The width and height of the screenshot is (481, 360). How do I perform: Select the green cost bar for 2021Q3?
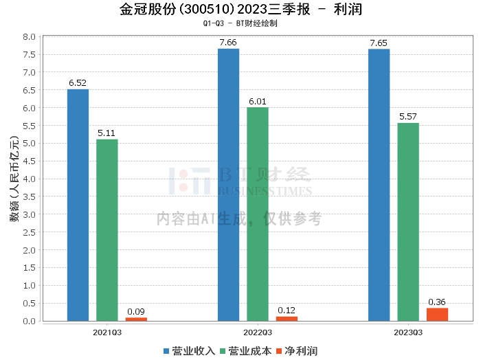pyautogui.click(x=107, y=230)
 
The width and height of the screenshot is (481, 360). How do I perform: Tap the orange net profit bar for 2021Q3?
pyautogui.click(x=136, y=319)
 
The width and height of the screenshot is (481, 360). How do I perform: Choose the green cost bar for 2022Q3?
pyautogui.click(x=258, y=214)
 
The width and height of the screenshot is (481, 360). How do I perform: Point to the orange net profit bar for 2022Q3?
pyautogui.click(x=287, y=318)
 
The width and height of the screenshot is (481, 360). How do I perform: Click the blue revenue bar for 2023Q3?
pyautogui.click(x=379, y=185)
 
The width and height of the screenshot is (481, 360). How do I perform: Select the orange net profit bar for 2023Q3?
pyautogui.click(x=437, y=314)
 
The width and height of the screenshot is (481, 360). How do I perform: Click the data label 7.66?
pyautogui.click(x=228, y=43)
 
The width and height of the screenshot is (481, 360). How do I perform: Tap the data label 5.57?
pyautogui.click(x=408, y=117)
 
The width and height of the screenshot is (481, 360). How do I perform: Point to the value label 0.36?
pyautogui.click(x=437, y=302)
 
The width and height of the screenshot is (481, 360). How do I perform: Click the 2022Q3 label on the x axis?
pyautogui.click(x=258, y=333)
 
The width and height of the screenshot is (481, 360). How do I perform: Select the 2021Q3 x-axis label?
pyautogui.click(x=107, y=333)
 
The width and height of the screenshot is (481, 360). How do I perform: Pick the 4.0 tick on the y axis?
pyautogui.click(x=30, y=179)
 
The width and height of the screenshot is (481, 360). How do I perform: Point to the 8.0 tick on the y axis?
pyautogui.click(x=30, y=36)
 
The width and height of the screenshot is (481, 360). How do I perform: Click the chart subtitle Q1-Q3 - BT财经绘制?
pyautogui.click(x=240, y=23)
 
